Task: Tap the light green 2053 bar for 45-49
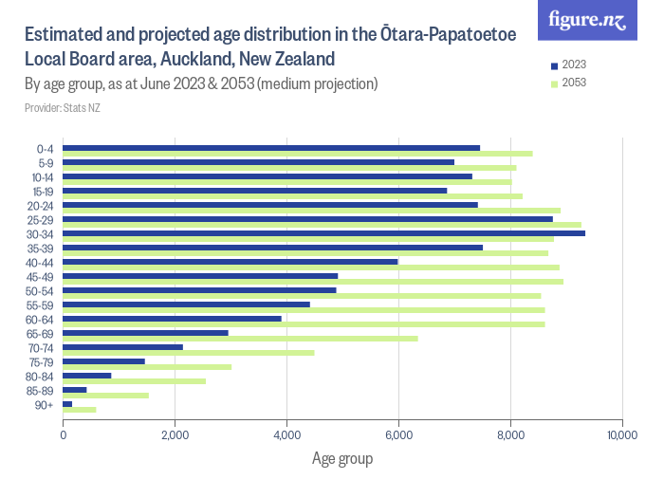313,282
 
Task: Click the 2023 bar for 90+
67,404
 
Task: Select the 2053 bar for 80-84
134,381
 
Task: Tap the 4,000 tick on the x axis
286,436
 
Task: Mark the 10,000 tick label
621,436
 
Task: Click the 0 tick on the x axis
64,436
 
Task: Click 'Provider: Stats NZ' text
62,107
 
